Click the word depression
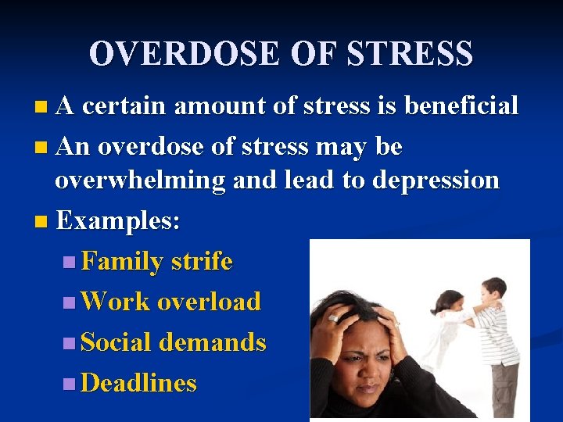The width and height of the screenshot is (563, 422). point(436,180)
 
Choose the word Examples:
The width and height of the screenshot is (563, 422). point(118,220)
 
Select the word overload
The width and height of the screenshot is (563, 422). point(209,302)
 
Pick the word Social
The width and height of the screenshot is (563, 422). point(117,342)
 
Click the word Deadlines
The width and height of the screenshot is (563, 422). point(138,383)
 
